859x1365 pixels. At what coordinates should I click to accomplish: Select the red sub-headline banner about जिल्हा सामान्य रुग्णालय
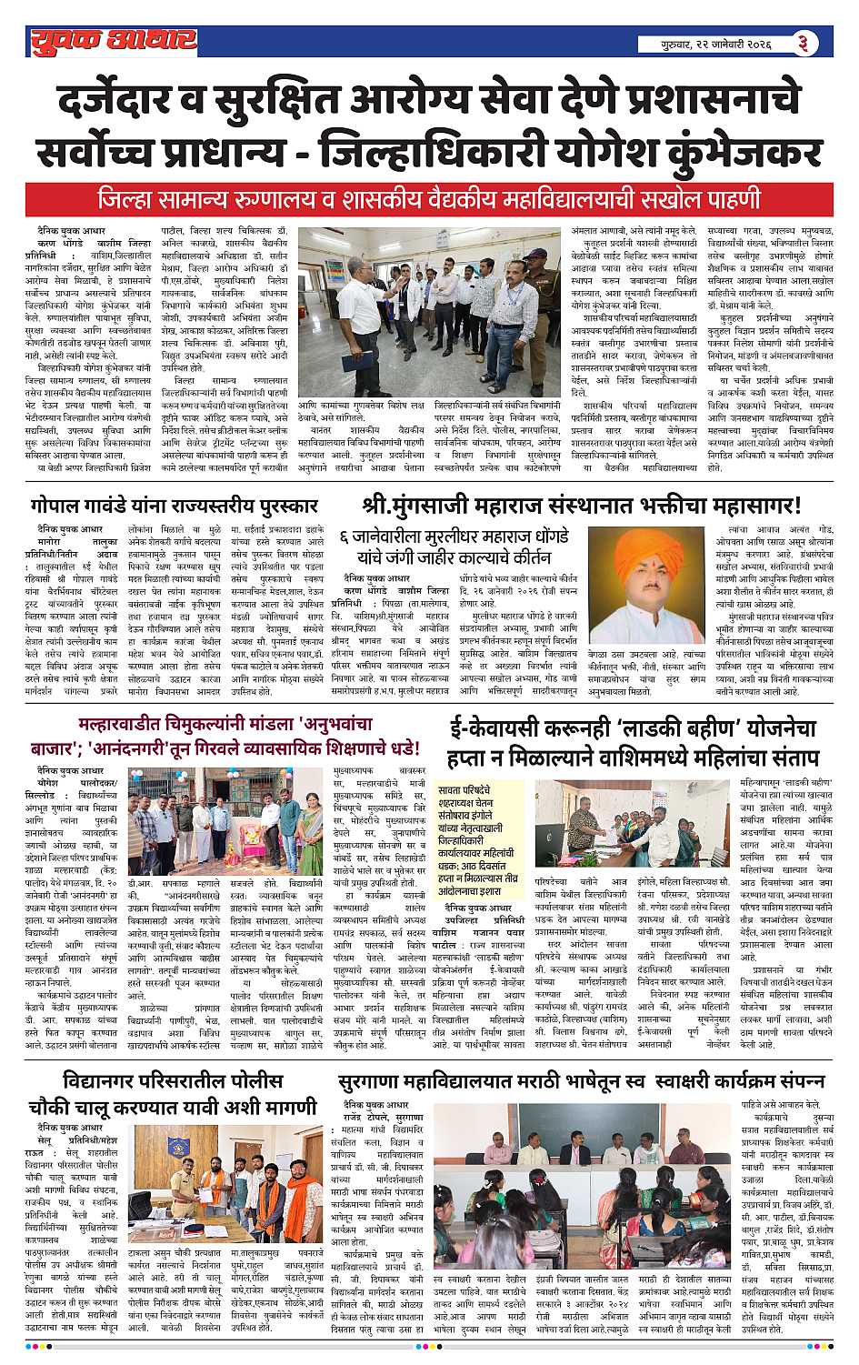click(429, 199)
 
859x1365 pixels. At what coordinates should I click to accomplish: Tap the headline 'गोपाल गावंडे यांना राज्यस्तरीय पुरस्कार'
click(175, 506)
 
